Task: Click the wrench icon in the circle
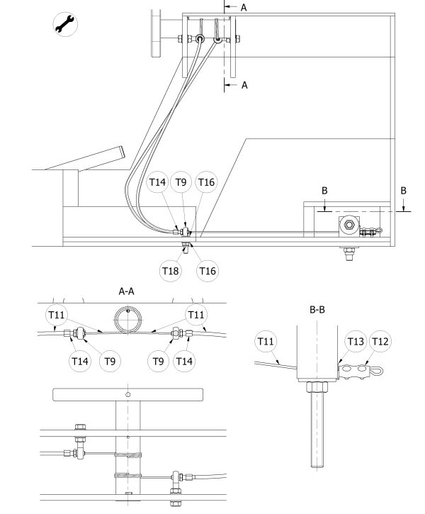(x=65, y=24)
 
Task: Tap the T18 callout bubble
(x=171, y=271)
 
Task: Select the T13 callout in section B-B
(x=356, y=341)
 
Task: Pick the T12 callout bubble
(x=380, y=341)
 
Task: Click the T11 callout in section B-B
(x=266, y=341)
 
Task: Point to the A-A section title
(x=126, y=291)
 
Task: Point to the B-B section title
(x=317, y=309)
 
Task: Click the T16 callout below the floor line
(x=208, y=271)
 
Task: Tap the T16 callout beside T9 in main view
(x=206, y=182)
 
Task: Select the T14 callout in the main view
(x=157, y=182)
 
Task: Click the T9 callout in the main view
(x=181, y=182)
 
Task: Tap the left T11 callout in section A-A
(x=57, y=315)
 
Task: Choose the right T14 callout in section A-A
(x=184, y=361)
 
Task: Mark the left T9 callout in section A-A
(x=110, y=361)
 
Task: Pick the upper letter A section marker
(x=244, y=8)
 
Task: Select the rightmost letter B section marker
(x=403, y=191)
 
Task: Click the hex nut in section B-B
(x=317, y=386)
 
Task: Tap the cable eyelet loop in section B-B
(x=376, y=371)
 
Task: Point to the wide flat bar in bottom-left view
(x=127, y=394)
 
